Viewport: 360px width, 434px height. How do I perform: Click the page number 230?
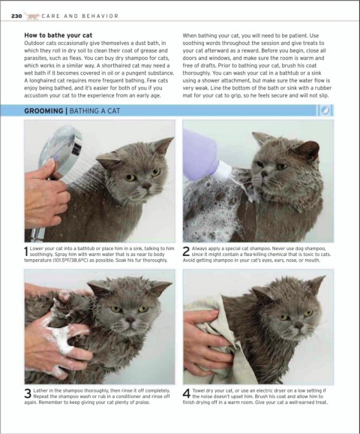tap(16, 16)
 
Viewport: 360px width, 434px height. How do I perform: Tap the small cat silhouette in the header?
tap(31, 17)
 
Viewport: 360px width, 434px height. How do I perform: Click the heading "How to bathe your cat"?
tap(58, 35)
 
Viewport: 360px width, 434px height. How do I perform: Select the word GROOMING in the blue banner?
tap(43, 111)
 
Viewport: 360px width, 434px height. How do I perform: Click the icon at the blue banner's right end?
tap(325, 110)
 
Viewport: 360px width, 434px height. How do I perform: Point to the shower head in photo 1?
tap(59, 152)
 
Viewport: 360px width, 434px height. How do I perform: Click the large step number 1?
tap(26, 252)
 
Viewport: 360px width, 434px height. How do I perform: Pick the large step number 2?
tap(186, 252)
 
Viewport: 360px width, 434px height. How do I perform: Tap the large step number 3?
tap(28, 393)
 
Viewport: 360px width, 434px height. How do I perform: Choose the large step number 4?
tap(187, 393)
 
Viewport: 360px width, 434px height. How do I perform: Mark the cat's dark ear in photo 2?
tap(307, 150)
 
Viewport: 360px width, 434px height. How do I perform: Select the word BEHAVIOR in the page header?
tap(100, 16)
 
